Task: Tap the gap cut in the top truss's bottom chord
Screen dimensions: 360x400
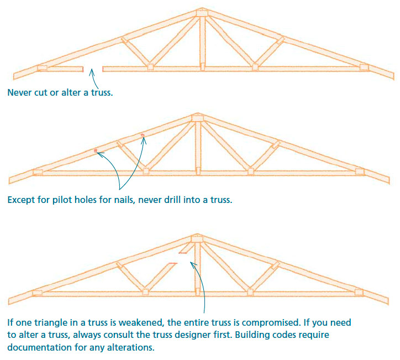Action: [x=93, y=69]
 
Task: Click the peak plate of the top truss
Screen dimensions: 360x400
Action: [x=202, y=13]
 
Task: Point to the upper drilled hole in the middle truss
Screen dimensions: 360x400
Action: [x=143, y=135]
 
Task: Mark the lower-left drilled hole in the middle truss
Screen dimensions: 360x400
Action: [x=96, y=150]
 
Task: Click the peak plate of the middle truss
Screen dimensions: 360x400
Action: [x=197, y=118]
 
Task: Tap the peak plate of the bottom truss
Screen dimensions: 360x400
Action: [x=196, y=239]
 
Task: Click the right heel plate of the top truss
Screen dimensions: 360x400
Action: [x=364, y=67]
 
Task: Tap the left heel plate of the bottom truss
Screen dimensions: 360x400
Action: [x=37, y=293]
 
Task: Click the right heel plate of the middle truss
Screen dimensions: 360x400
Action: [x=360, y=171]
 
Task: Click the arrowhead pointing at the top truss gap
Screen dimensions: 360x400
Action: [x=92, y=71]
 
